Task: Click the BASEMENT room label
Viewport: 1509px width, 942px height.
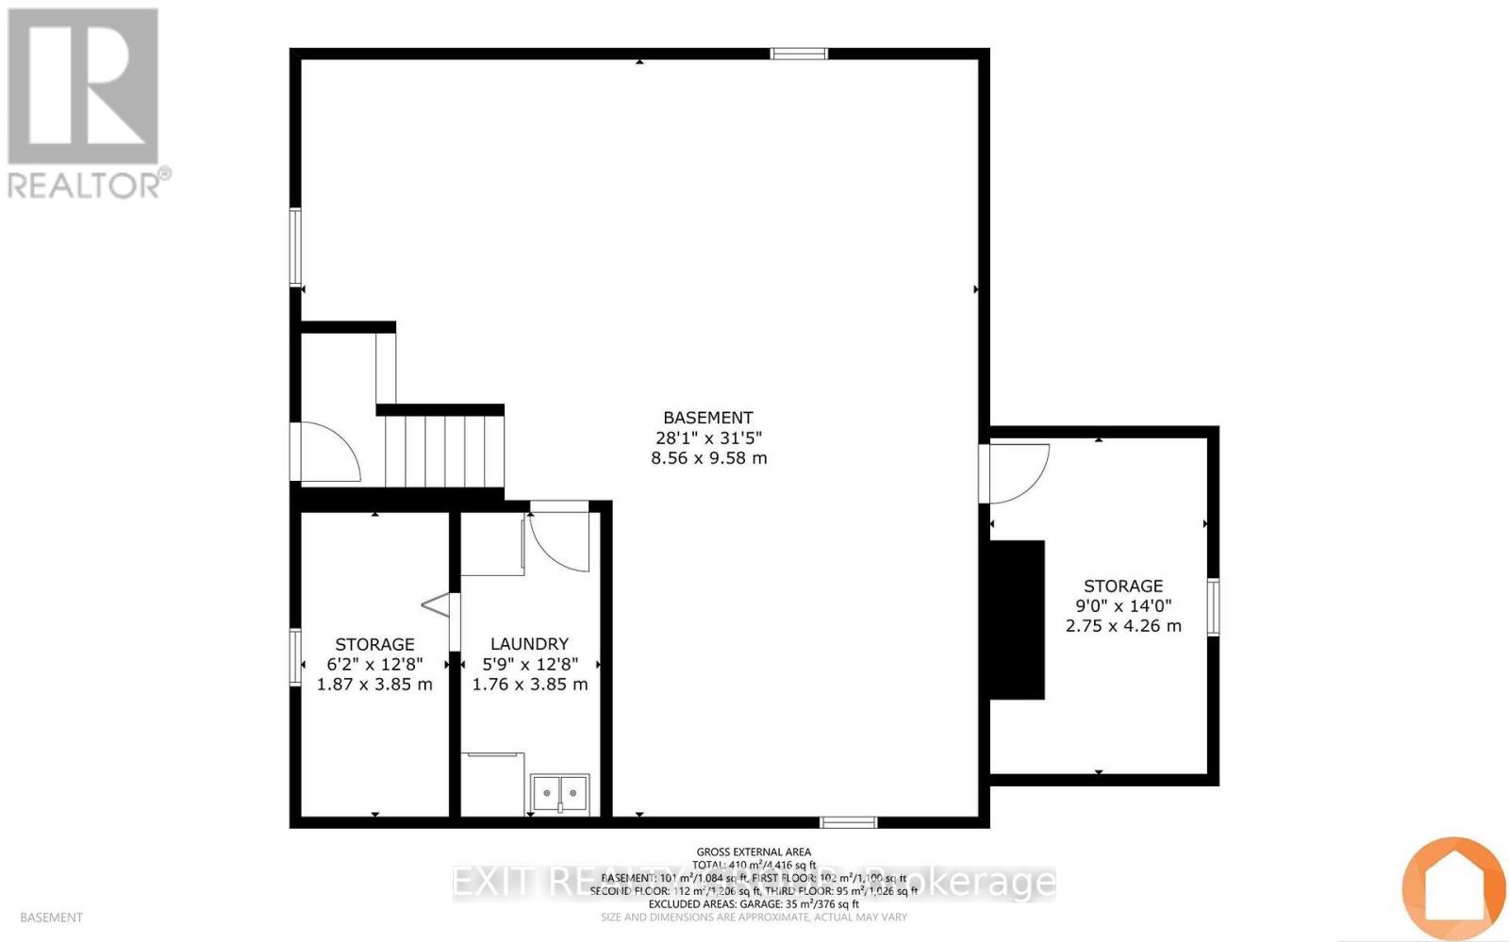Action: pyautogui.click(x=707, y=418)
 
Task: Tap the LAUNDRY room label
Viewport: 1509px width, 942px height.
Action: pyautogui.click(x=529, y=644)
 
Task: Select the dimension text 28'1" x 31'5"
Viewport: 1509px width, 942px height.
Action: pyautogui.click(x=707, y=438)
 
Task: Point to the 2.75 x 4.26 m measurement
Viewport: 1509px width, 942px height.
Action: pyautogui.click(x=1123, y=625)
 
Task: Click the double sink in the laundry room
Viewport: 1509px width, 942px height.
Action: pyautogui.click(x=559, y=793)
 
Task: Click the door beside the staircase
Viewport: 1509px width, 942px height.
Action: pyautogui.click(x=325, y=453)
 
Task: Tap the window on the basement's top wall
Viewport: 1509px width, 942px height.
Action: pyautogui.click(x=799, y=54)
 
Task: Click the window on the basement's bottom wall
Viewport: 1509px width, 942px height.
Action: pyautogui.click(x=848, y=822)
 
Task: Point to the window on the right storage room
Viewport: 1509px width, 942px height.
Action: pyautogui.click(x=1213, y=607)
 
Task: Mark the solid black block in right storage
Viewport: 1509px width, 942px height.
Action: pyautogui.click(x=1017, y=620)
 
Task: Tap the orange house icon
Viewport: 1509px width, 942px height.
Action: pyautogui.click(x=1452, y=886)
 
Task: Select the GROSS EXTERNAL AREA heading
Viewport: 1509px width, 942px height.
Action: pyautogui.click(x=753, y=851)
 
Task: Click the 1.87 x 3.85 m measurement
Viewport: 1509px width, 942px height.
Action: pyautogui.click(x=374, y=685)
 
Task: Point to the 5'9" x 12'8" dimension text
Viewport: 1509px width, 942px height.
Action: pyautogui.click(x=529, y=665)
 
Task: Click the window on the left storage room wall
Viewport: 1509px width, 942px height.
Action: pyautogui.click(x=295, y=657)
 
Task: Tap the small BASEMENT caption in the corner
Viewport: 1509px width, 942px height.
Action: pyautogui.click(x=51, y=917)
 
